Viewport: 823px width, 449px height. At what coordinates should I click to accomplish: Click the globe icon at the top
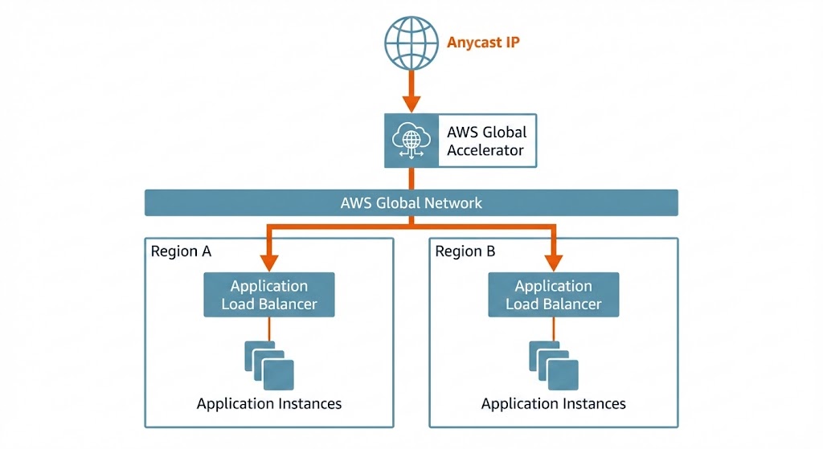tap(411, 42)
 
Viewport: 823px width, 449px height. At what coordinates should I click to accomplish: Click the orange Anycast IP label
tap(483, 42)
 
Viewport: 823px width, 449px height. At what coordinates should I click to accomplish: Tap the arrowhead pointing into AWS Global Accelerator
tap(411, 104)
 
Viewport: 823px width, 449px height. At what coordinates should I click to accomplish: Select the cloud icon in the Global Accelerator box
tap(411, 141)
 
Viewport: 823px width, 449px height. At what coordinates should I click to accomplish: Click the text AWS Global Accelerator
tap(486, 141)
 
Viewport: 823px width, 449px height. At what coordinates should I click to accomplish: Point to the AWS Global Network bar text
tap(411, 202)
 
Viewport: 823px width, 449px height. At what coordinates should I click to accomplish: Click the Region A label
tap(181, 251)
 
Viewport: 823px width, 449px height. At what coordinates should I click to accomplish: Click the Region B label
tap(465, 251)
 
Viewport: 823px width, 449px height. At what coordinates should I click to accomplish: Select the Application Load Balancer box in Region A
tap(268, 295)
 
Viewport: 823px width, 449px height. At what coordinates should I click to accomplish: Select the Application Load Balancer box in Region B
tap(553, 295)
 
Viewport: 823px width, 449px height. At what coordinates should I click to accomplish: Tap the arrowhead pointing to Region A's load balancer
tap(269, 263)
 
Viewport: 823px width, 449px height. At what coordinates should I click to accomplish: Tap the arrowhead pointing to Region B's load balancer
tap(553, 263)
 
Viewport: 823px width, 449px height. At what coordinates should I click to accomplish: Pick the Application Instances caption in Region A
tap(269, 403)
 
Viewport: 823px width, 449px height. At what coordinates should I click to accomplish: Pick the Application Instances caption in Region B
tap(554, 403)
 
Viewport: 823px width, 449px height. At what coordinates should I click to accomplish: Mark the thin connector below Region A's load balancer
tap(269, 329)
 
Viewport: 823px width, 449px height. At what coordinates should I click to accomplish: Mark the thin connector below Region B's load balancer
tap(553, 329)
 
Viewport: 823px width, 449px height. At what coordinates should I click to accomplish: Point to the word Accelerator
tap(485, 150)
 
